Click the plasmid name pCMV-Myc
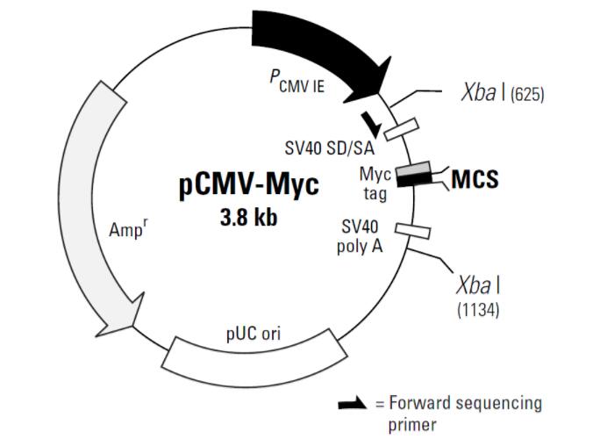248,185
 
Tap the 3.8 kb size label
248,219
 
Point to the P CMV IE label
296,82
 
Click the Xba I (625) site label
503,92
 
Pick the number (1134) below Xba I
478,310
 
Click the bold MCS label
475,179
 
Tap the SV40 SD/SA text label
330,148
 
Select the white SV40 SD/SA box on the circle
402,129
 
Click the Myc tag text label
375,184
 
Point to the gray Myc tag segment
413,169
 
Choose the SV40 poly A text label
360,237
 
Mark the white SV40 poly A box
412,231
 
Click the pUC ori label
254,334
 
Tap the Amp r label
128,228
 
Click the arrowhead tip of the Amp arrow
96,336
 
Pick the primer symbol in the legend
353,404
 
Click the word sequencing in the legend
499,404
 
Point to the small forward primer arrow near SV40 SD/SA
371,124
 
